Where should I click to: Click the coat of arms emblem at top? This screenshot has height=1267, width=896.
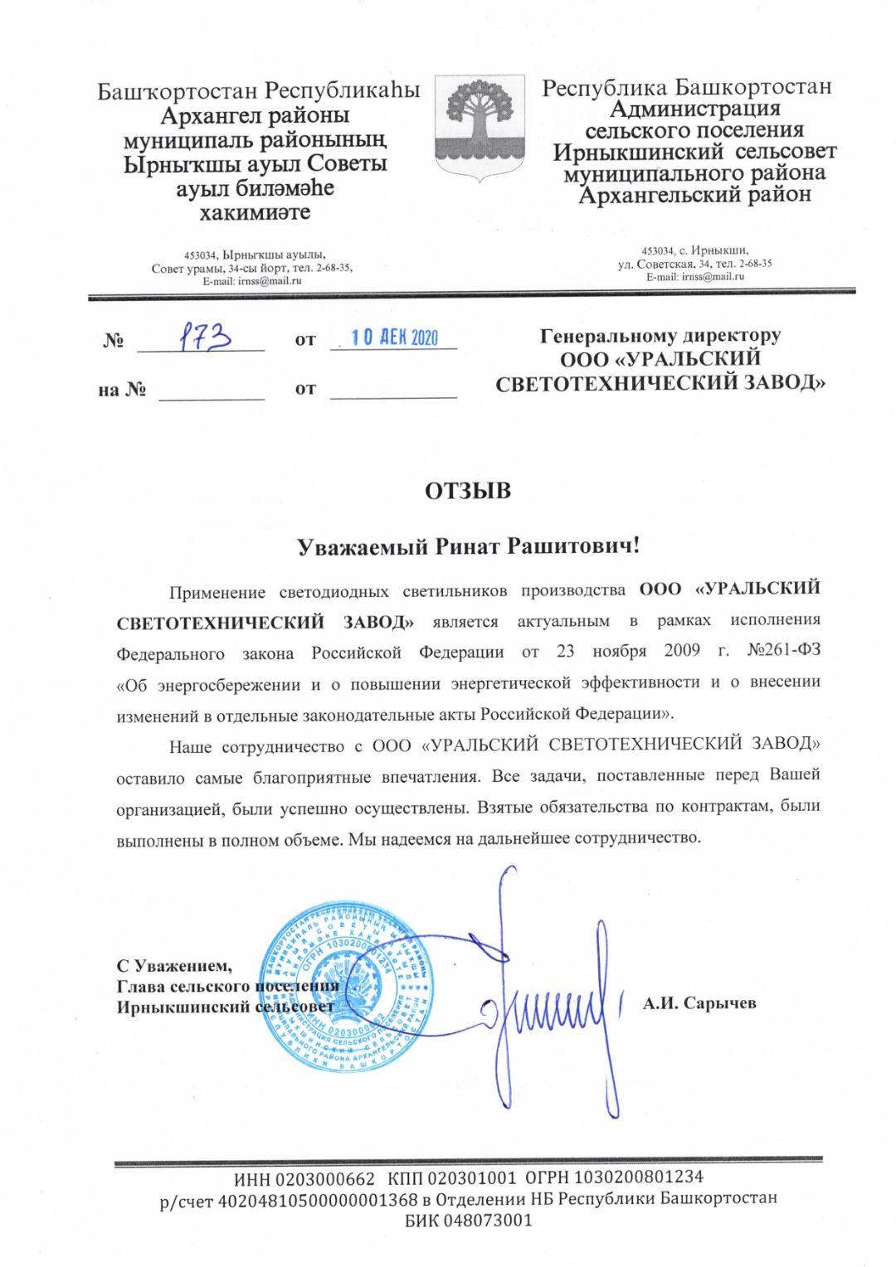(480, 124)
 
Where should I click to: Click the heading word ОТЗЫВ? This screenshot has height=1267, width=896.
(468, 491)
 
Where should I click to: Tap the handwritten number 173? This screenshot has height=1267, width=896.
(205, 337)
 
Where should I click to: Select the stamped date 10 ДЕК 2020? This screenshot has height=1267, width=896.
(394, 337)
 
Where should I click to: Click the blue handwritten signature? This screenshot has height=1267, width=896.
(548, 1003)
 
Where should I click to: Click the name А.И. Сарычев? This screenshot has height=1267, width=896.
(699, 1003)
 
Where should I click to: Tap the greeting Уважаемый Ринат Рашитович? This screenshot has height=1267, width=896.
(469, 546)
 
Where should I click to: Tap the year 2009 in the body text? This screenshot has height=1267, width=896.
(682, 651)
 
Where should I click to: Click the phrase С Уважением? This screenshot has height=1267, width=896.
(174, 965)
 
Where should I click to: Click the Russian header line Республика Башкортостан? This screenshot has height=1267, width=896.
(686, 88)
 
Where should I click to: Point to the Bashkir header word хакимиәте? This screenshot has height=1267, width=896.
(255, 213)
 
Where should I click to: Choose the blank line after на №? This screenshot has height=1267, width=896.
(211, 390)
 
